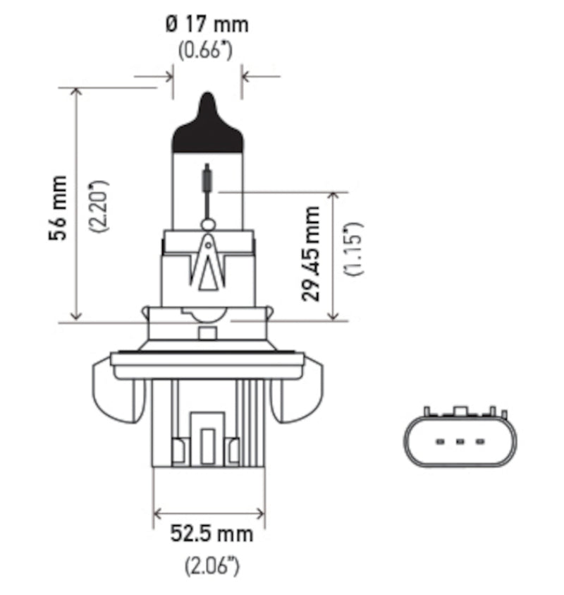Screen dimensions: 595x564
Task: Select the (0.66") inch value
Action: coord(207,52)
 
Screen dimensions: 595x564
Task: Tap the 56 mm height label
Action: coord(59,208)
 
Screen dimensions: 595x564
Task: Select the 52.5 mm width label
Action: coord(211,534)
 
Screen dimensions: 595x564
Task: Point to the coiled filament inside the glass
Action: coord(207,177)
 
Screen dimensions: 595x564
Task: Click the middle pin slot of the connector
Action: coord(460,443)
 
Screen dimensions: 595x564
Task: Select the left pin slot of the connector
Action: coord(440,443)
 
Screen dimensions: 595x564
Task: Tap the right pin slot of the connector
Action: coord(480,443)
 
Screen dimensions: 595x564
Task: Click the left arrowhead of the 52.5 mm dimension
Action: coord(159,513)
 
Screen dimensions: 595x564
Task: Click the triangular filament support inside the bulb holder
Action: coord(207,265)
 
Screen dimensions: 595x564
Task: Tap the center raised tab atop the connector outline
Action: coord(460,411)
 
